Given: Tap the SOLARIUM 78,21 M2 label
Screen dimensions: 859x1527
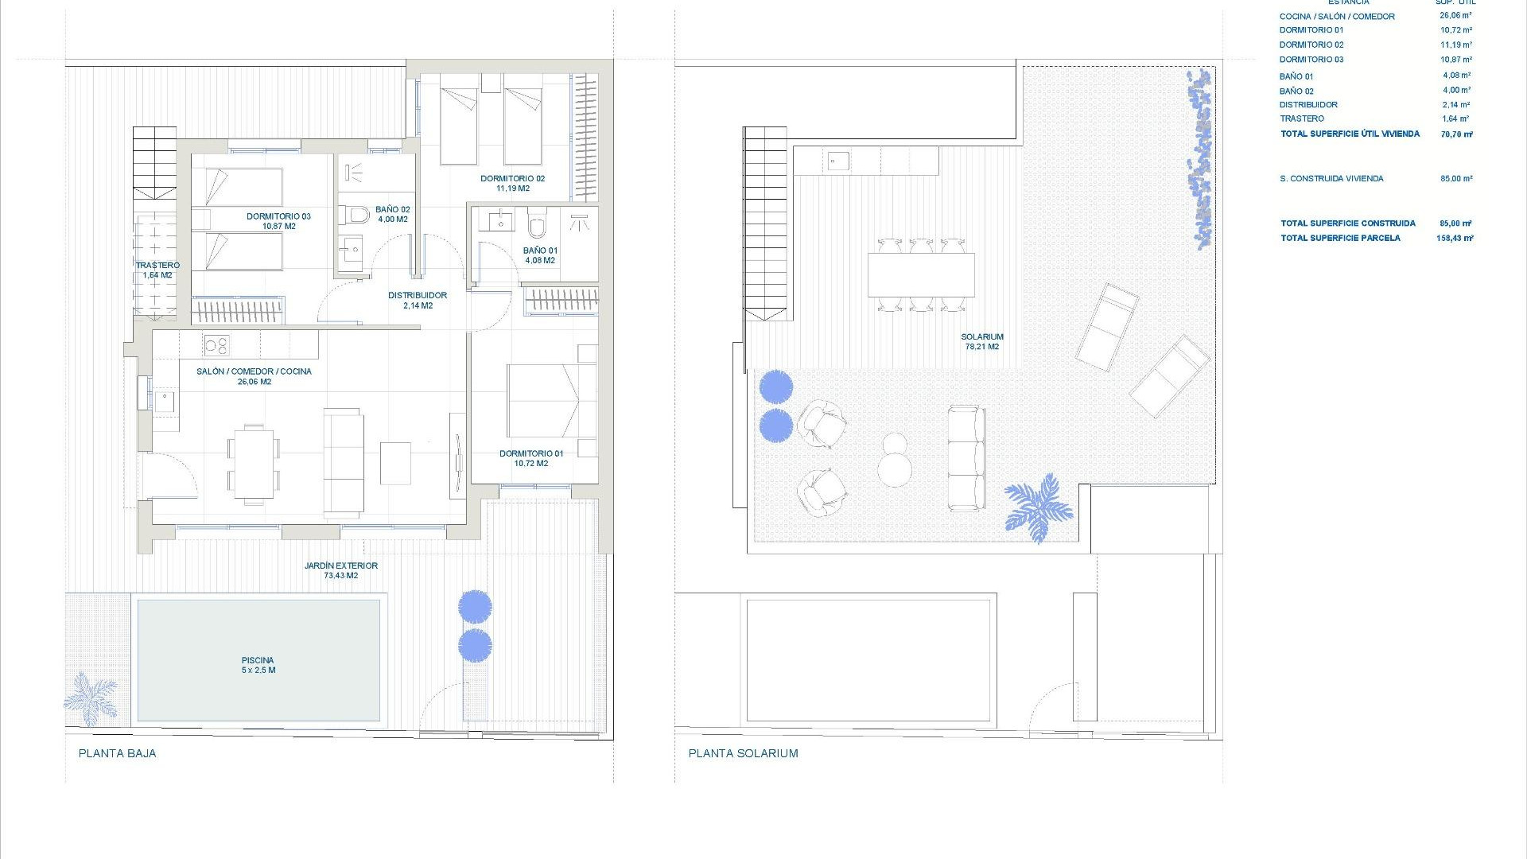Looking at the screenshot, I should pyautogui.click(x=982, y=342).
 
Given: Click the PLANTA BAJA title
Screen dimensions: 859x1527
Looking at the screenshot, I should pyautogui.click(x=118, y=753).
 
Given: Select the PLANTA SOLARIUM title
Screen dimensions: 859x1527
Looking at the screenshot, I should pyautogui.click(x=743, y=753).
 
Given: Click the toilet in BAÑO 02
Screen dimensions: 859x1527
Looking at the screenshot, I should pyautogui.click(x=356, y=215).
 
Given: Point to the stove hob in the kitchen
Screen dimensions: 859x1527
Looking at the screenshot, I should pyautogui.click(x=216, y=345).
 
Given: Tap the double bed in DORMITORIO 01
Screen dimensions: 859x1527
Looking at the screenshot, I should pyautogui.click(x=551, y=401).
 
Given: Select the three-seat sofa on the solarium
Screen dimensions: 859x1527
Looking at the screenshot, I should pyautogui.click(x=966, y=458).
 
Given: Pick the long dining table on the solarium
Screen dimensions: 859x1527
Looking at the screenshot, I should pyautogui.click(x=921, y=274).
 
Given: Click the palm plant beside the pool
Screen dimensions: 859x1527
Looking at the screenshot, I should pyautogui.click(x=89, y=698).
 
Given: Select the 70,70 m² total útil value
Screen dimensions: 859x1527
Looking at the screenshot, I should pyautogui.click(x=1456, y=134).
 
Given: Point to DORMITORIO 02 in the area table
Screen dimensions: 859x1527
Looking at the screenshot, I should pyautogui.click(x=1311, y=45).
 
